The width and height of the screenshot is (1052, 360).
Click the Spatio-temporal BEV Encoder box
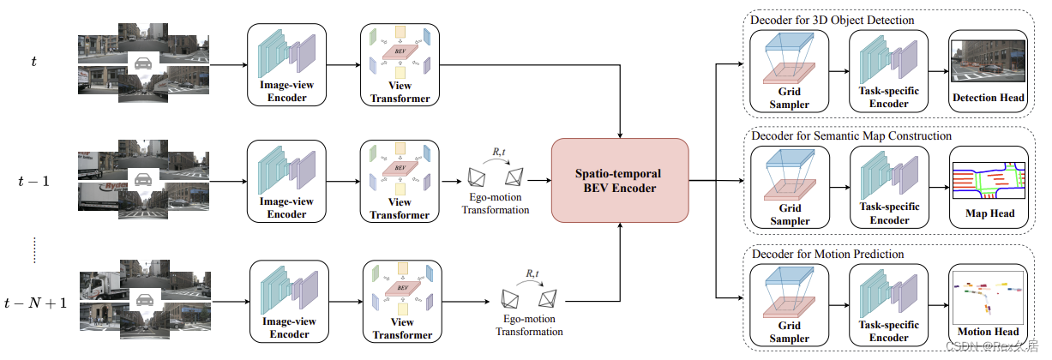[620, 180]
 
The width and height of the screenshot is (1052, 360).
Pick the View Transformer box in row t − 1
[400, 181]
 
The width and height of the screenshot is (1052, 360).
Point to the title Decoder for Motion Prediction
[827, 254]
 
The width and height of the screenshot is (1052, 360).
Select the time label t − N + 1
[34, 302]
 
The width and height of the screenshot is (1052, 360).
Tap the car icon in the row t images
[144, 62]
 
